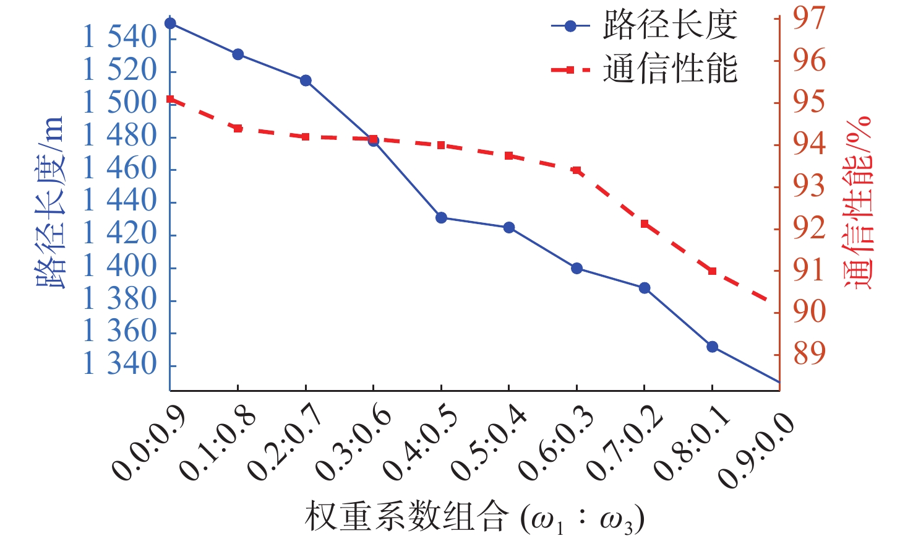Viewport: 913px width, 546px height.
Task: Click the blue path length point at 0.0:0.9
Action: pyautogui.click(x=170, y=24)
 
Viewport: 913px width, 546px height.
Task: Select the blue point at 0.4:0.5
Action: pyautogui.click(x=441, y=218)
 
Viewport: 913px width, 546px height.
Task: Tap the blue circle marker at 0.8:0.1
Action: pyautogui.click(x=712, y=347)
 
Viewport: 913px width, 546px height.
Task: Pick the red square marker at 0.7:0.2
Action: pyautogui.click(x=645, y=224)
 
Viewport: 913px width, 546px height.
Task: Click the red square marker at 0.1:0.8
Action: pyautogui.click(x=238, y=128)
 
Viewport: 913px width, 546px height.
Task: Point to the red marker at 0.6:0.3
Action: pyautogui.click(x=577, y=170)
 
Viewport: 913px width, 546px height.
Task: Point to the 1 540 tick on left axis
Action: pyautogui.click(x=121, y=38)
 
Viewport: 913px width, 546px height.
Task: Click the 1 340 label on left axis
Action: pyautogui.click(x=121, y=364)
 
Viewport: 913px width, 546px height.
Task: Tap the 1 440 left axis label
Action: pyautogui.click(x=121, y=201)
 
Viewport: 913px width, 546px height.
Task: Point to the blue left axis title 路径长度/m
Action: pyautogui.click(x=51, y=202)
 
